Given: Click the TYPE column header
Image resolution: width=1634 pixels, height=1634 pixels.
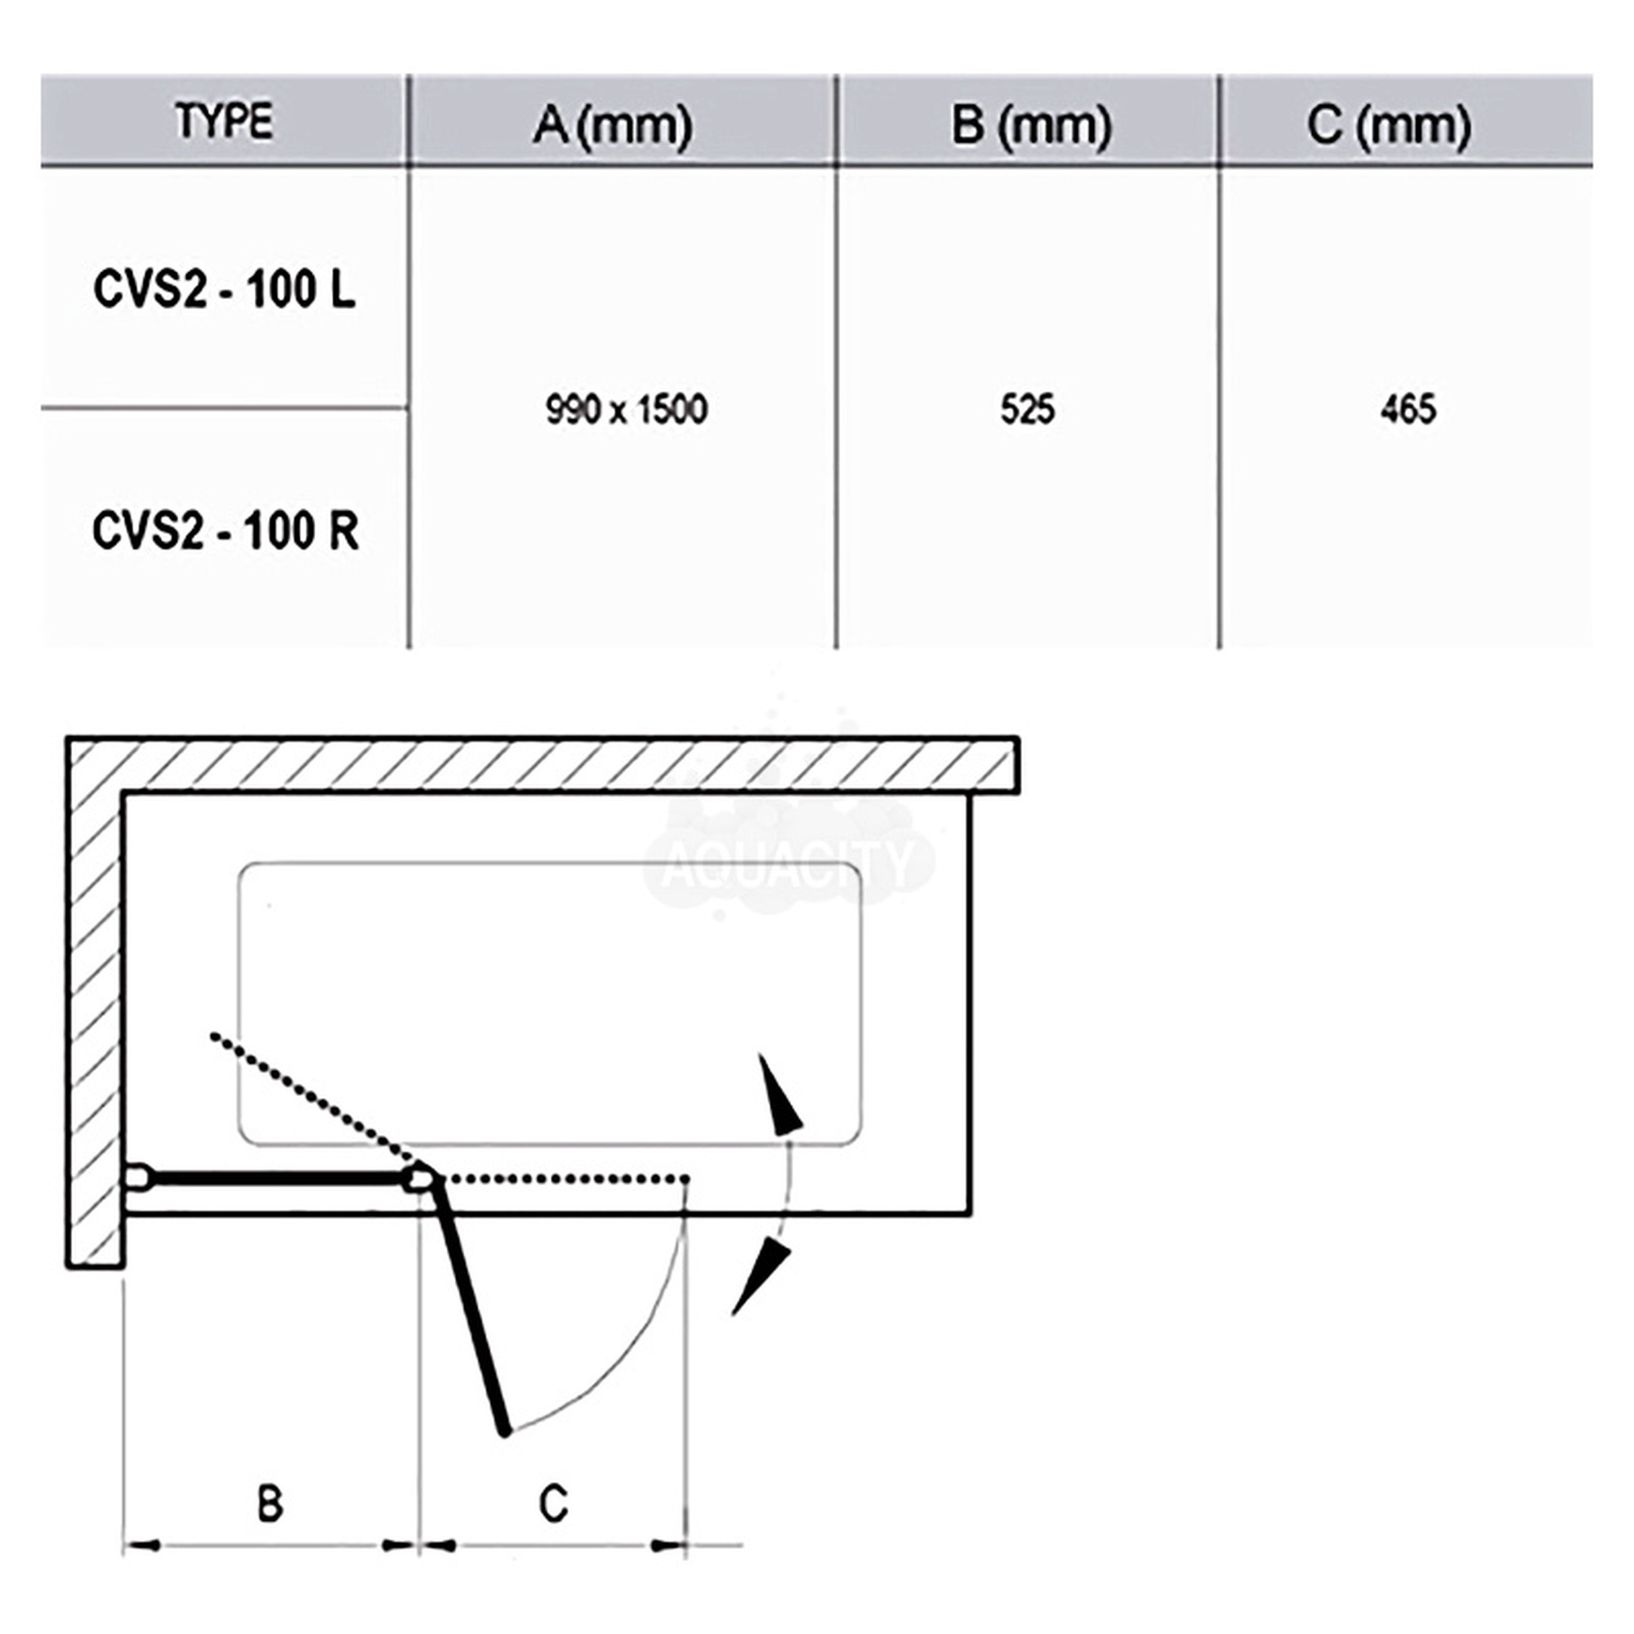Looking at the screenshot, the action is pyautogui.click(x=224, y=121).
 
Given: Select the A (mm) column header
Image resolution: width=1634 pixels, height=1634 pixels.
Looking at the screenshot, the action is pyautogui.click(x=614, y=125).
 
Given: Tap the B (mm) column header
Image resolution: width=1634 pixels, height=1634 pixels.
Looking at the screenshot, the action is pyautogui.click(x=1031, y=125).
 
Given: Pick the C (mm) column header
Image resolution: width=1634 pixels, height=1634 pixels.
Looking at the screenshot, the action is pyautogui.click(x=1389, y=125).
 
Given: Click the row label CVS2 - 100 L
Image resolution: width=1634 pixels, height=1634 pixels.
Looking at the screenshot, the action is pyautogui.click(x=224, y=290).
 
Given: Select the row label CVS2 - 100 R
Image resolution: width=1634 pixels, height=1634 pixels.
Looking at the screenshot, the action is pyautogui.click(x=225, y=531).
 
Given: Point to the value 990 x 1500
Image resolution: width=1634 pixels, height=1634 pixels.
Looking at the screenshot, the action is pyautogui.click(x=627, y=410).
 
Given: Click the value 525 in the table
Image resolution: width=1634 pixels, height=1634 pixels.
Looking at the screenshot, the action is pyautogui.click(x=1028, y=410).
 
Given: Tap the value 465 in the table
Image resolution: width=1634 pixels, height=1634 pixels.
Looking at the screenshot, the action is pyautogui.click(x=1409, y=410).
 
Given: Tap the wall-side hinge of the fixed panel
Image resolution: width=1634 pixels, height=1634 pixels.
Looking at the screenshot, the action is pyautogui.click(x=140, y=1178).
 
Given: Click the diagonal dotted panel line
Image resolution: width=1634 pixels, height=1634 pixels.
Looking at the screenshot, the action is pyautogui.click(x=313, y=1097).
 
